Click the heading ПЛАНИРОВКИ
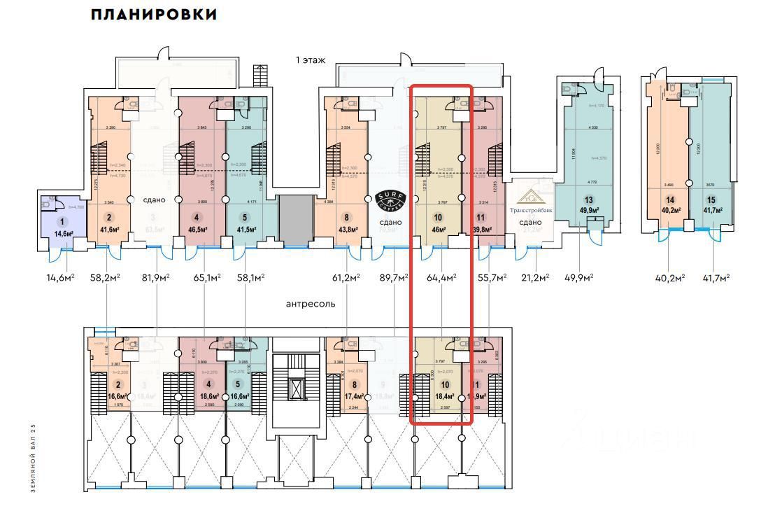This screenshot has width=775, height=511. tap(154, 15)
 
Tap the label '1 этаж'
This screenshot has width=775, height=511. tap(311, 61)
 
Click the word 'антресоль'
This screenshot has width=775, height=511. tap(311, 304)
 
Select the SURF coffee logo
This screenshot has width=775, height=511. tap(387, 200)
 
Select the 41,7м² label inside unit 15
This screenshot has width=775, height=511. tap(713, 208)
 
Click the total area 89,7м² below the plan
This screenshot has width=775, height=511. tap(394, 278)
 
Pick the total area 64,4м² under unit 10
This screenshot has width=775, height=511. tap(441, 278)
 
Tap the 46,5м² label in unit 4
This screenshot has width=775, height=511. tap(197, 228)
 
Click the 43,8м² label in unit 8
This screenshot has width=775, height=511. tap(348, 229)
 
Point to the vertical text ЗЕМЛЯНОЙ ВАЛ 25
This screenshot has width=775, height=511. tap(32, 458)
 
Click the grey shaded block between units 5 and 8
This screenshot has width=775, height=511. tap(293, 220)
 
